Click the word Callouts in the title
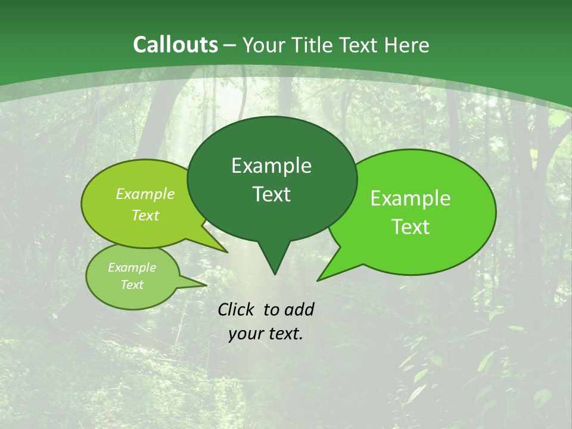(175, 45)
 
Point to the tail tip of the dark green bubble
(275, 274)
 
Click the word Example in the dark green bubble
(271, 166)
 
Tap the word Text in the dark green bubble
(271, 194)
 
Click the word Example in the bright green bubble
(411, 198)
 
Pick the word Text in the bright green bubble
(411, 227)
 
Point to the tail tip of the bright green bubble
(318, 280)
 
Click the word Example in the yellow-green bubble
(145, 194)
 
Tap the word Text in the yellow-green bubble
(145, 215)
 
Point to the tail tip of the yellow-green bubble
(228, 252)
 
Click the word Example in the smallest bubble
(132, 268)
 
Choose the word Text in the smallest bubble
(132, 285)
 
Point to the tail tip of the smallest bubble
(207, 284)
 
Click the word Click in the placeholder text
(237, 309)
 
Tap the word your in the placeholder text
(245, 334)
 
